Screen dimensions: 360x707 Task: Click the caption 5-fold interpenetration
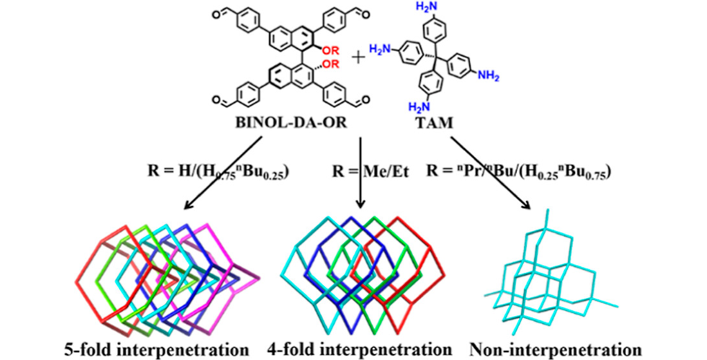click(157, 349)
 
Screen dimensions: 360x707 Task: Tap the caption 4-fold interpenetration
click(360, 349)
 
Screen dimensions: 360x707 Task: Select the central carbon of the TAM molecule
click(433, 57)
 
